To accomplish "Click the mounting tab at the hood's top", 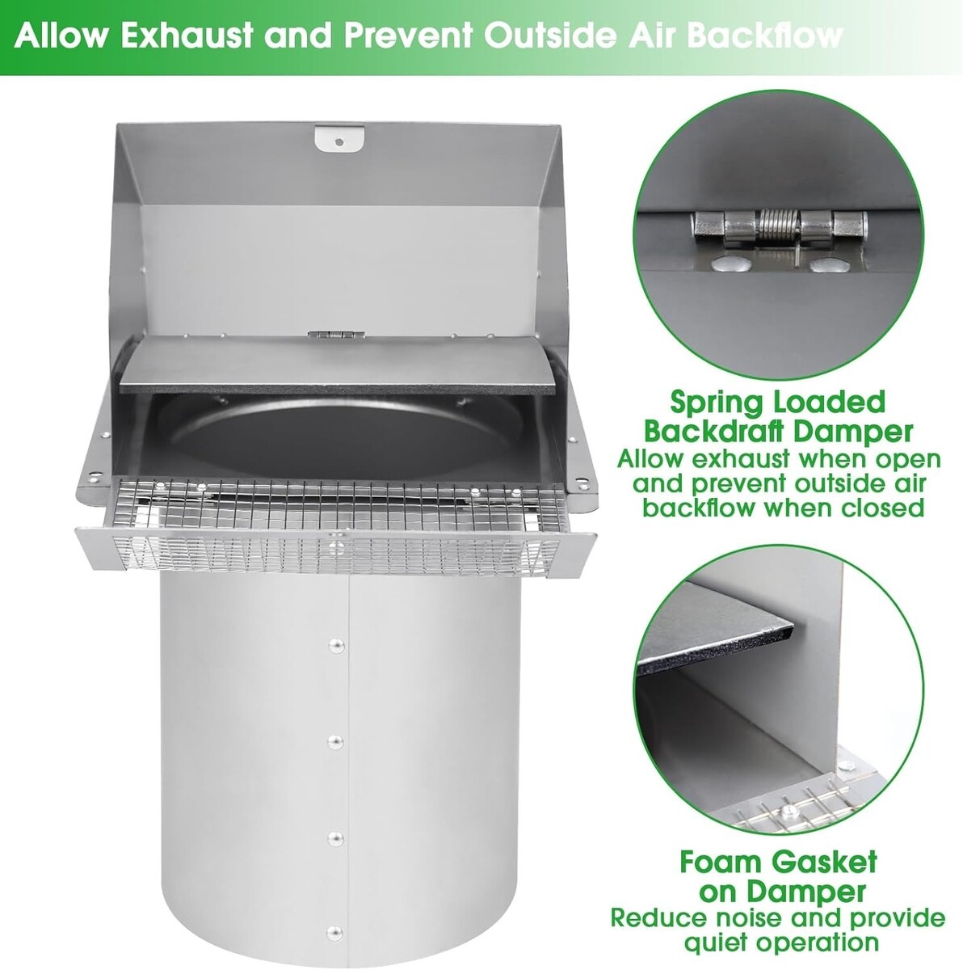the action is pos(339,140).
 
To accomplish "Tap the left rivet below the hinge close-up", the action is pos(729,264).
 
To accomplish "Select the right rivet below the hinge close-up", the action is pos(827,264).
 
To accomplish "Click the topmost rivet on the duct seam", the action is pos(335,646).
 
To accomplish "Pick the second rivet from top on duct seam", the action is pos(334,742).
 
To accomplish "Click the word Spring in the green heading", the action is pos(720,404).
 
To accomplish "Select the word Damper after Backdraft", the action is pos(856,432).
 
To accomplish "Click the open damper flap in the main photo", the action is pos(339,366).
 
